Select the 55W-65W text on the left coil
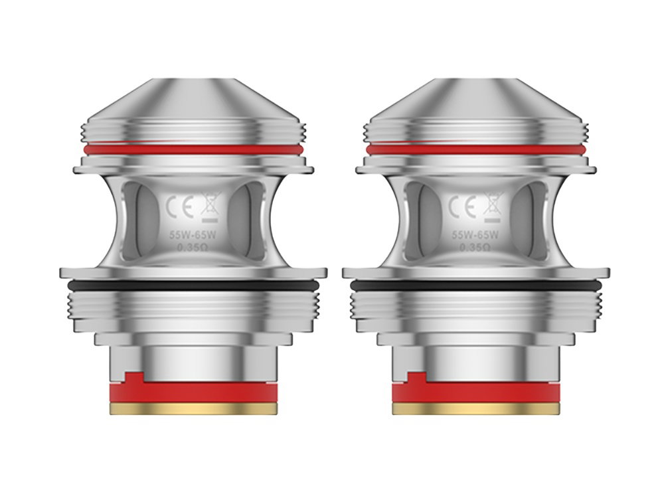(x=192, y=235)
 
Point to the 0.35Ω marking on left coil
(x=192, y=248)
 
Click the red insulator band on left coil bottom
(x=193, y=392)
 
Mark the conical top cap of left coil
(x=193, y=100)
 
